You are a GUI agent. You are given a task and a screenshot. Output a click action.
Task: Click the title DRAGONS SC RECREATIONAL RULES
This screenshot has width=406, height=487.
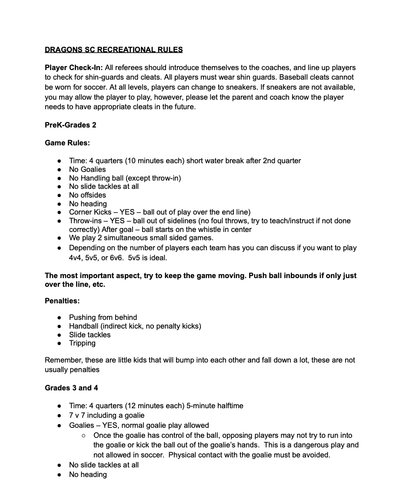pos(113,50)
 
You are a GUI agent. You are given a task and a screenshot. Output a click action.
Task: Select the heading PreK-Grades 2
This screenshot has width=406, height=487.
pos(70,125)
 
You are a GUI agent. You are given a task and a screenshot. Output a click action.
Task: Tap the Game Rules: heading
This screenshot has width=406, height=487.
pos(67,143)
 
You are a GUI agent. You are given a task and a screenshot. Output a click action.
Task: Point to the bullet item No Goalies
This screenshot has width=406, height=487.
pos(87,169)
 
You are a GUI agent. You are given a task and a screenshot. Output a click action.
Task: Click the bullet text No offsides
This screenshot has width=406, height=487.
pos(87,195)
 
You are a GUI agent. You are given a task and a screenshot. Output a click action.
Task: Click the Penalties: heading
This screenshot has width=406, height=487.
pos(62,301)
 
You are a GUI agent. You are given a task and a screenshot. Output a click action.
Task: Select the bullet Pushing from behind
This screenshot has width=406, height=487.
pos(103,318)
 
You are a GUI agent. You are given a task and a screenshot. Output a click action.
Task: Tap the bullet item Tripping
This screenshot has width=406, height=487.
pos(82,343)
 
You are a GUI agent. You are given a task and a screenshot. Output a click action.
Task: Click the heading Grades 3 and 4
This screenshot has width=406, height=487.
pos(71,388)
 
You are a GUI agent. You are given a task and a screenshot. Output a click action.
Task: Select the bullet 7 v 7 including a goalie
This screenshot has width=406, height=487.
pos(106,416)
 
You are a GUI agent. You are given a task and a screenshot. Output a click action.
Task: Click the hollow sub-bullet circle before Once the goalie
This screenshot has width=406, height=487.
pos(83,436)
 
